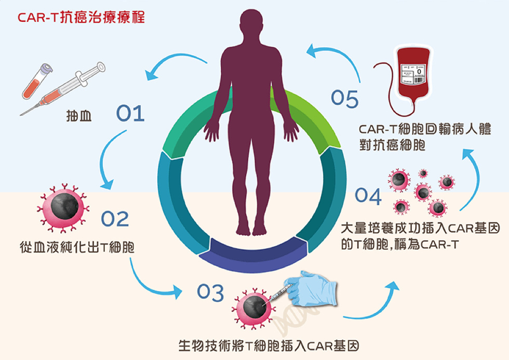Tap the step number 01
coord(130,113)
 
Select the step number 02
coord(115,219)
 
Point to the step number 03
coord(210,292)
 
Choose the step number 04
coord(368,196)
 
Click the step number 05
coord(345,99)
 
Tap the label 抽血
coord(79,116)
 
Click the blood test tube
coord(37,81)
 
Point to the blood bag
coord(413,73)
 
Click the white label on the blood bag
coord(413,74)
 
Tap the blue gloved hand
coord(311,289)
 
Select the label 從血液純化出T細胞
coord(77,247)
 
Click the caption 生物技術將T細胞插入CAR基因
coord(269,346)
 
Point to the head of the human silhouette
coord(251,23)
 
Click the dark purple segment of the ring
coord(253,255)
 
